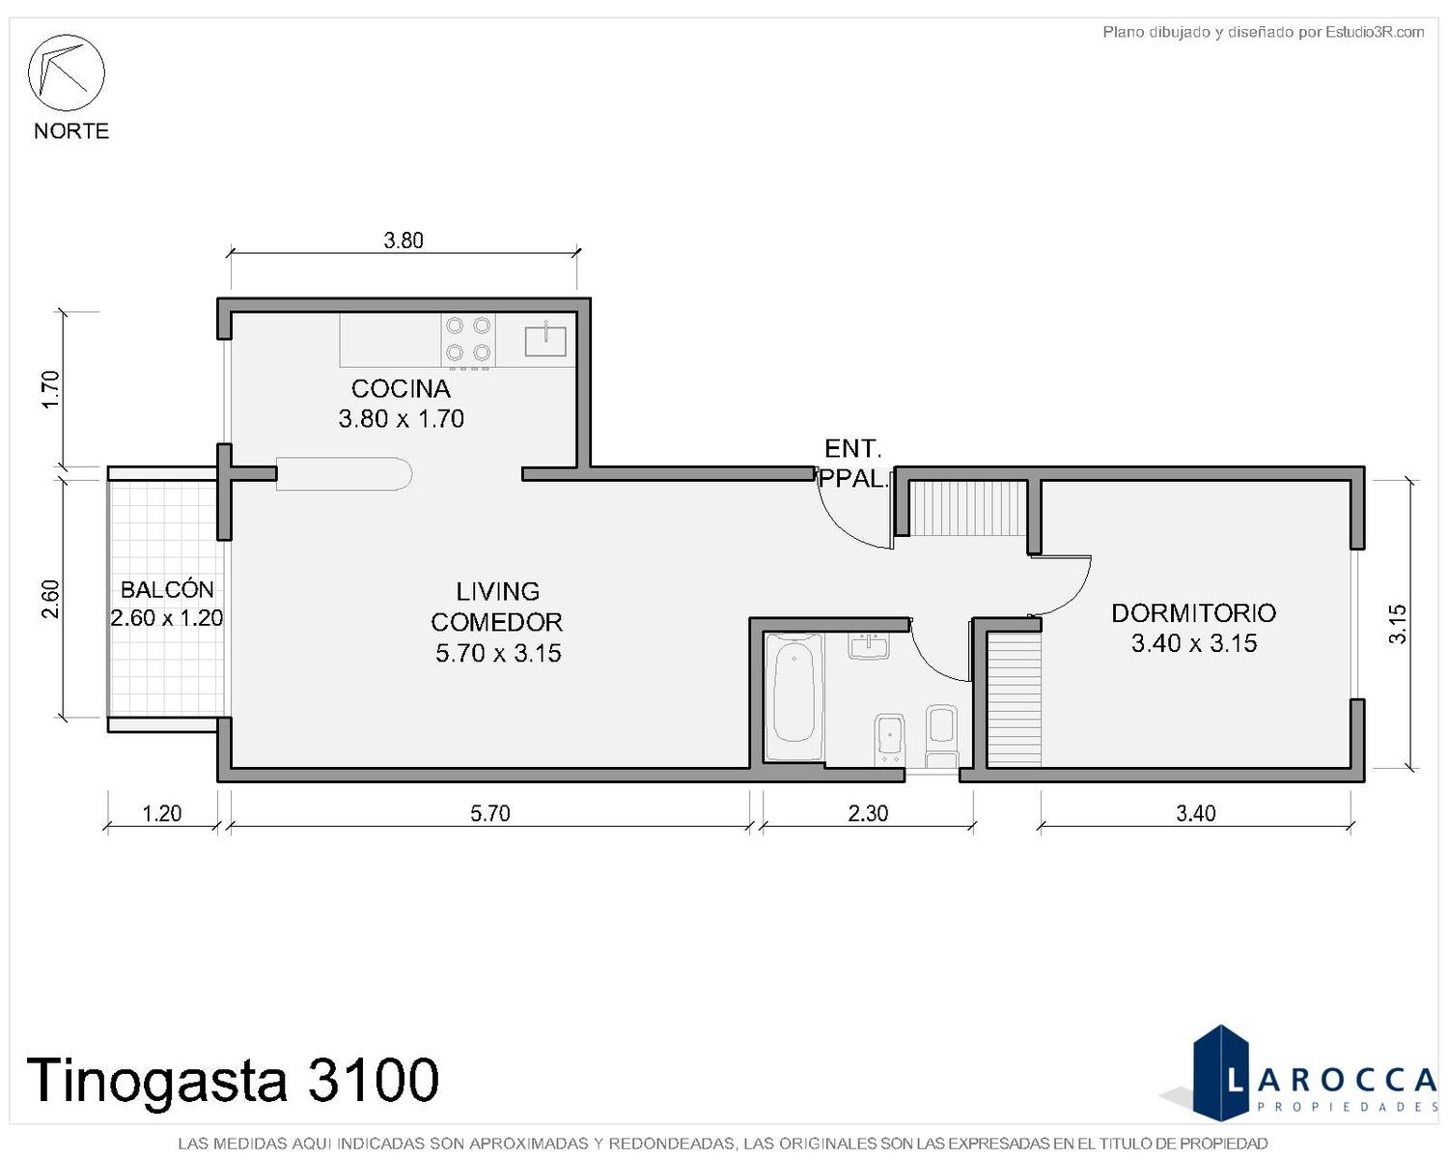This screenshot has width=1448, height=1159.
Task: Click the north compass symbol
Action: coord(66,72)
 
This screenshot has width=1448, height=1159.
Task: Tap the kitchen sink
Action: coord(544,339)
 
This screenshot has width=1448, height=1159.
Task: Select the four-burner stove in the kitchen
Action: coord(467,340)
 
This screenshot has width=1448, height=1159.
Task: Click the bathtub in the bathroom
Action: coord(794,696)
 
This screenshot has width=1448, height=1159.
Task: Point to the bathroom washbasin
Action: coord(870,646)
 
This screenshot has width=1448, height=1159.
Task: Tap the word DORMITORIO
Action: coord(1193,613)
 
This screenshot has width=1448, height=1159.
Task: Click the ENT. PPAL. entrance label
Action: coord(853,464)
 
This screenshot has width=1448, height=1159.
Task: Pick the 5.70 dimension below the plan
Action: coord(489,813)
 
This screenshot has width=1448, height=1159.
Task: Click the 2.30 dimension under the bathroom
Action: coord(868,813)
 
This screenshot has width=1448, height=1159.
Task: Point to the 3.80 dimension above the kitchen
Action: coord(404,240)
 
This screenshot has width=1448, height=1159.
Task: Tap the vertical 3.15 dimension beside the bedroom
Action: coord(1398,624)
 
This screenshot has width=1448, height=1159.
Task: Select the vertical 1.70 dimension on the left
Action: coord(51,389)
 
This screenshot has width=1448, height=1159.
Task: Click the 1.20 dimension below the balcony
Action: coord(161,813)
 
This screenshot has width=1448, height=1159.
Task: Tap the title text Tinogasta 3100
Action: coord(232,1080)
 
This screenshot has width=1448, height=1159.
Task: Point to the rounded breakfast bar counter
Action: coord(344,473)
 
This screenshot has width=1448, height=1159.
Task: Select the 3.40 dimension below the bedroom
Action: coord(1196,813)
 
